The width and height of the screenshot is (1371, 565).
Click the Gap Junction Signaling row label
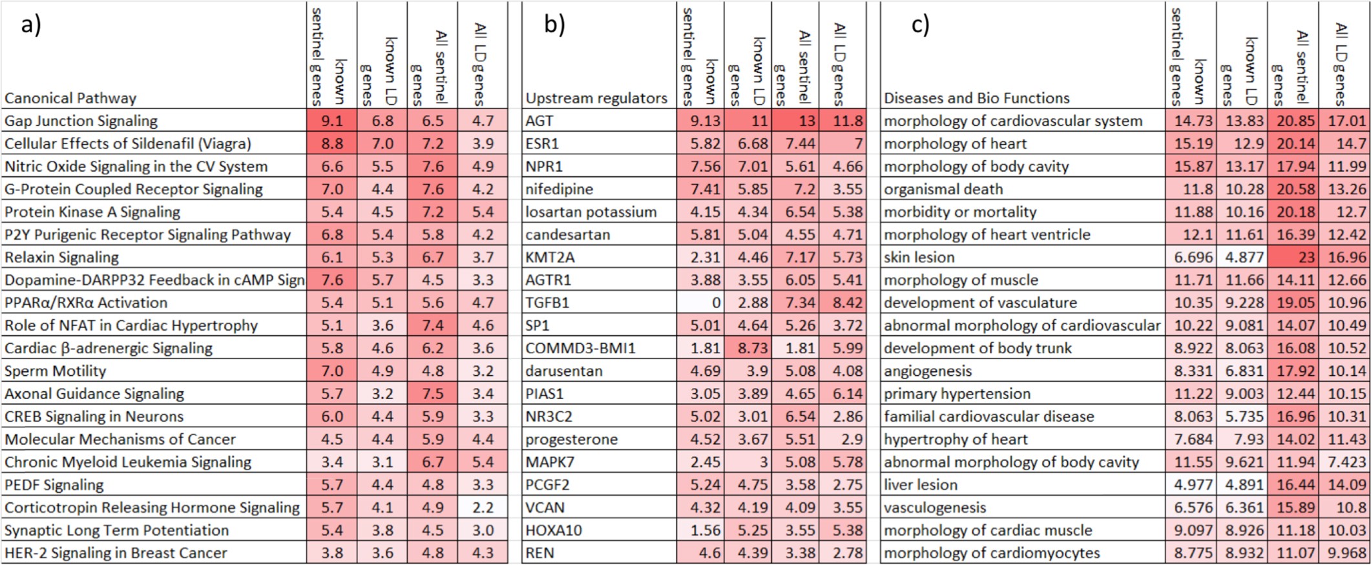81,121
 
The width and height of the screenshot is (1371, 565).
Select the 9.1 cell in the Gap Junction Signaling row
332,121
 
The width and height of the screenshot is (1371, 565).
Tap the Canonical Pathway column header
70,98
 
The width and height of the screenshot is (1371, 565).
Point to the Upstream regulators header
596,98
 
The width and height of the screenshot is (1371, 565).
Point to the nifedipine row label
559,189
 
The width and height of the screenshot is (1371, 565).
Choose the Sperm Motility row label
55,371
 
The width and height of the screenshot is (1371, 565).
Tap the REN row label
539,553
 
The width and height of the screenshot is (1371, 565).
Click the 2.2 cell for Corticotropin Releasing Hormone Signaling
483,508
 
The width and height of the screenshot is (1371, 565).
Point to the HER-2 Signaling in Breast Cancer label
116,553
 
